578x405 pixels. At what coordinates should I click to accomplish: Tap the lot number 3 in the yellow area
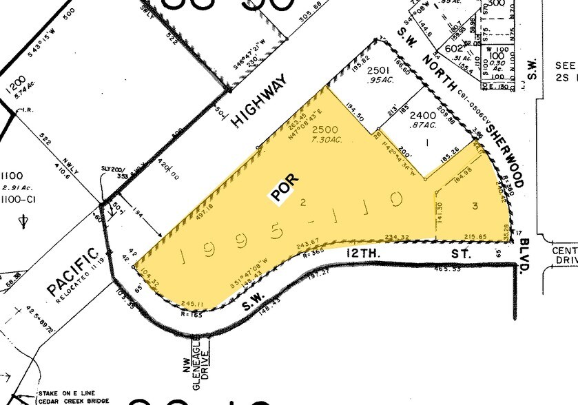(x=475, y=206)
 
